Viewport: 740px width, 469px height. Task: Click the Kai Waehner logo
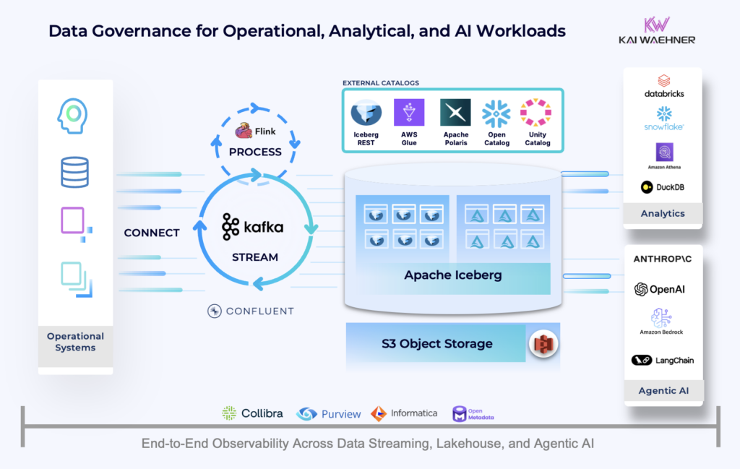657,30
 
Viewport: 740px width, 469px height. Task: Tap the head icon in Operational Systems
74,116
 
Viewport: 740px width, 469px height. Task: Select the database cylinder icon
74,173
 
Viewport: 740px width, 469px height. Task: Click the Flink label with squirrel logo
255,132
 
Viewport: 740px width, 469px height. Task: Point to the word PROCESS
255,152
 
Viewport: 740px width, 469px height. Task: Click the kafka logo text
253,227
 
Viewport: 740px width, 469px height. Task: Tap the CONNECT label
152,233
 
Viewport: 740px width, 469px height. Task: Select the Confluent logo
251,311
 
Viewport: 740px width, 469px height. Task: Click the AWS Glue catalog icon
409,113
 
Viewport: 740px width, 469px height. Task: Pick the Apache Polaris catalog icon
455,113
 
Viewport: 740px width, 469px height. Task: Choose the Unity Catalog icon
536,113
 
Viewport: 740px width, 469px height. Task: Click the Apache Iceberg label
453,275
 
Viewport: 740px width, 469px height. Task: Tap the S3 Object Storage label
437,343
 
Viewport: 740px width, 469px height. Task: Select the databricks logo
663,86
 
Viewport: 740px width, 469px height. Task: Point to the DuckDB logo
662,187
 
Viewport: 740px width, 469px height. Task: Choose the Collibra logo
252,413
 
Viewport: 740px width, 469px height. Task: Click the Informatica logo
404,413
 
